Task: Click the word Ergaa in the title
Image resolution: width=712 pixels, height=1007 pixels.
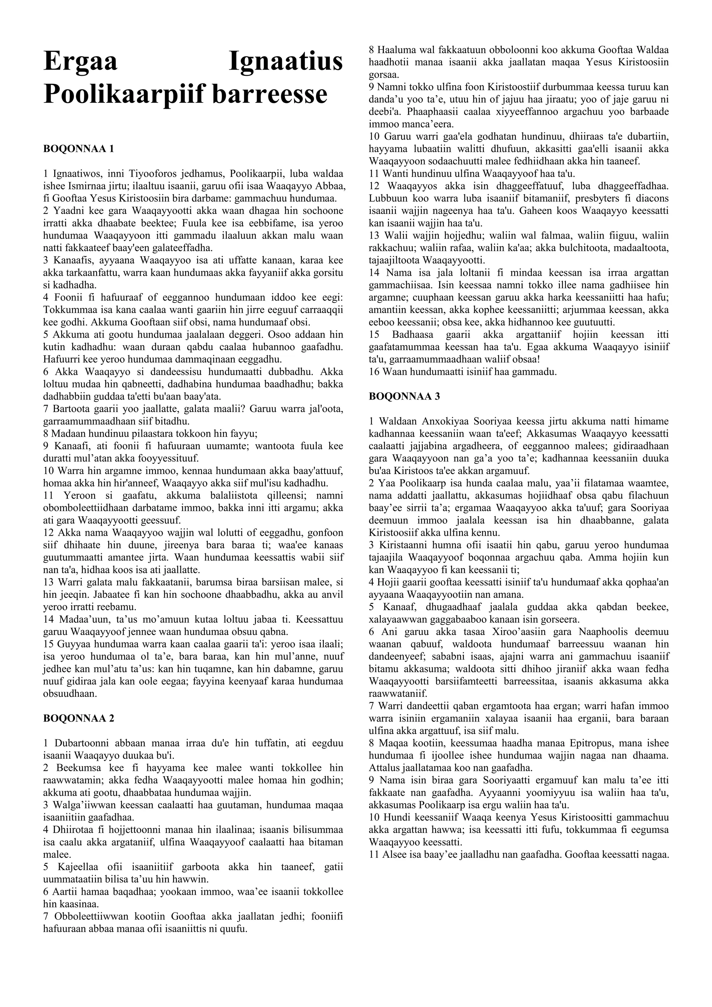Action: point(80,62)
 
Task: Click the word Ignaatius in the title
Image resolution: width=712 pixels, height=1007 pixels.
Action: point(286,62)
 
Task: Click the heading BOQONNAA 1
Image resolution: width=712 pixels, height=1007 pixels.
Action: point(79,149)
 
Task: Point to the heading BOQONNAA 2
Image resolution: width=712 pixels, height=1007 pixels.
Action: point(79,718)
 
